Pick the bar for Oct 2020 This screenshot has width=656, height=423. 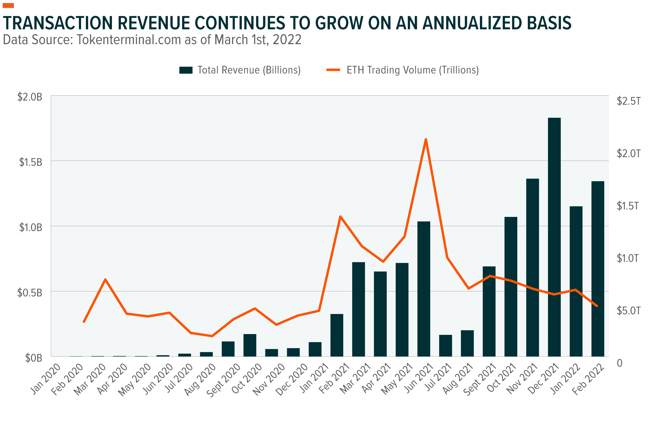tap(250, 345)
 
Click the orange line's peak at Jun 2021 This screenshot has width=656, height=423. tap(426, 139)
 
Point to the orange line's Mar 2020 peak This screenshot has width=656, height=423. tap(105, 279)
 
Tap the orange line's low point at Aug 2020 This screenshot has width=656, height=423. tap(212, 336)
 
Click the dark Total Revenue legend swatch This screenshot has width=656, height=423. tap(186, 70)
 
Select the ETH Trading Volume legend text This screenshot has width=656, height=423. tap(413, 70)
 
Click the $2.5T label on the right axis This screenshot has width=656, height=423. tap(628, 101)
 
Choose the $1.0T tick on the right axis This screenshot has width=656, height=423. tap(628, 258)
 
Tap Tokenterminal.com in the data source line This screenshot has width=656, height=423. tap(129, 40)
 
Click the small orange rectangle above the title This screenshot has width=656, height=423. tap(8, 6)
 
